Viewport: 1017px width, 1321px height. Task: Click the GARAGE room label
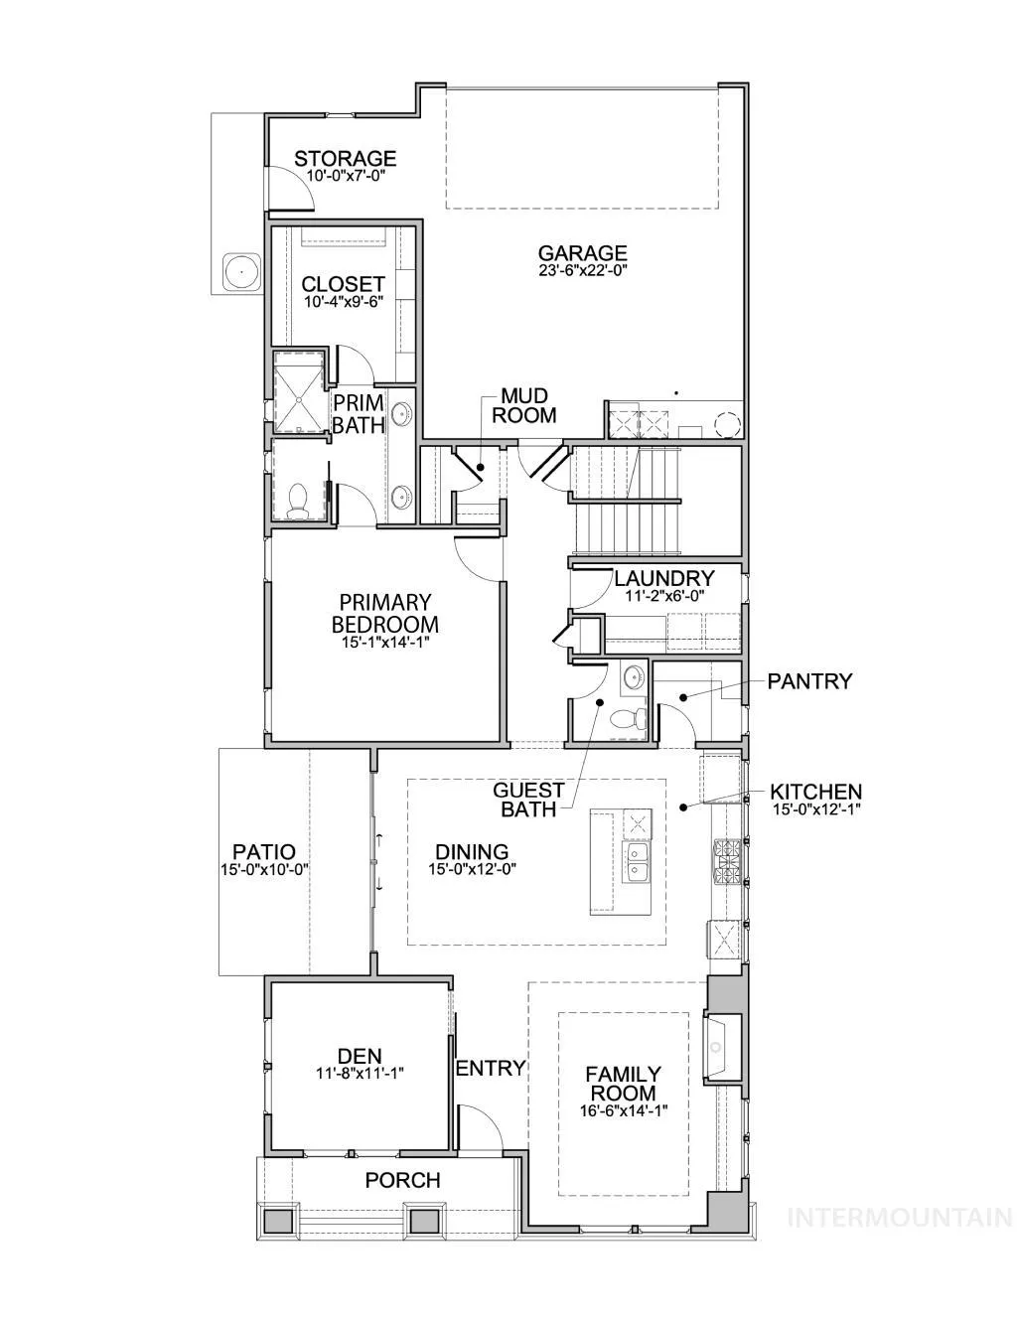pyautogui.click(x=582, y=253)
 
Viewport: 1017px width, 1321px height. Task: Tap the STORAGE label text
pyautogui.click(x=345, y=159)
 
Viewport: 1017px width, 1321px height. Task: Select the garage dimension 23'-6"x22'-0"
pyautogui.click(x=582, y=270)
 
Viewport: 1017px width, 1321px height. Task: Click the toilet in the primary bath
pyautogui.click(x=297, y=501)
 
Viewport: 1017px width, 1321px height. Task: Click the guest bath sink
pyautogui.click(x=635, y=675)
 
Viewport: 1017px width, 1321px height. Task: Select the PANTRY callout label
pyautogui.click(x=809, y=681)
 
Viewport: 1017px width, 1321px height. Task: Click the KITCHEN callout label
pyautogui.click(x=815, y=793)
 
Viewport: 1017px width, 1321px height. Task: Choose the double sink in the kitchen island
pyautogui.click(x=637, y=861)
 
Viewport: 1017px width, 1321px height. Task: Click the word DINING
pyautogui.click(x=472, y=851)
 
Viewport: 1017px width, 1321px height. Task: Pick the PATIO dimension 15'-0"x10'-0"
pyautogui.click(x=264, y=869)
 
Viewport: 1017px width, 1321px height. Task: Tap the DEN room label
pyautogui.click(x=360, y=1056)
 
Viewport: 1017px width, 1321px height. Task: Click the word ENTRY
pyautogui.click(x=491, y=1068)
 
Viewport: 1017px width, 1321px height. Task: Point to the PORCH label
pyautogui.click(x=402, y=1180)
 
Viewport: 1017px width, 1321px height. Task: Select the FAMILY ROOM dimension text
pyautogui.click(x=623, y=1110)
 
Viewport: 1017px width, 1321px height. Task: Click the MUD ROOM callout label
pyautogui.click(x=524, y=405)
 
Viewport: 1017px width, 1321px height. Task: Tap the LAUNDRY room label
pyautogui.click(x=663, y=578)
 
